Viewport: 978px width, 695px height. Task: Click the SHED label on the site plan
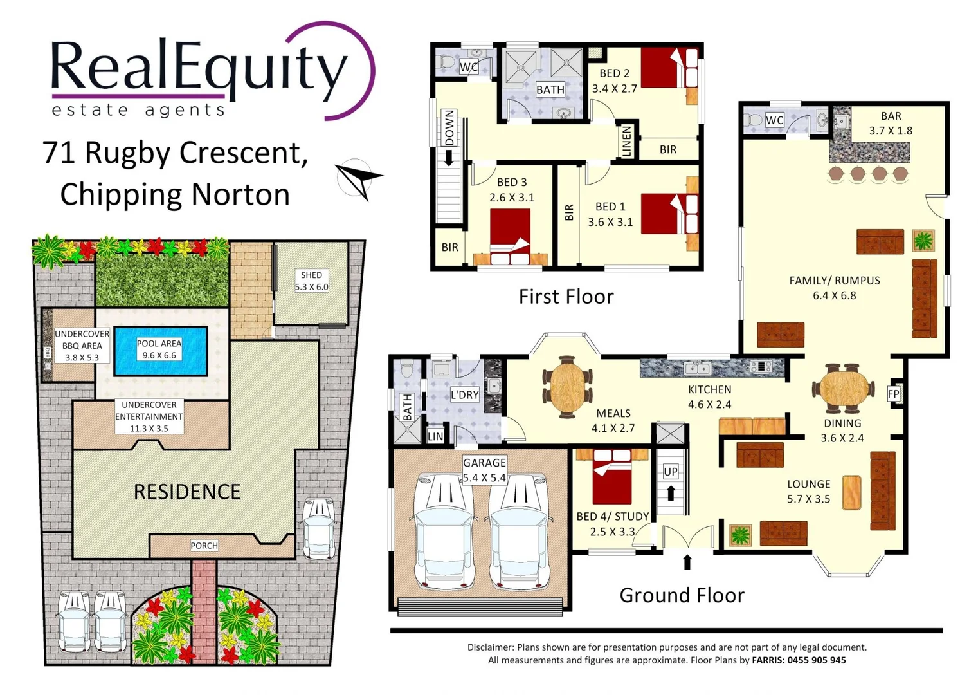click(x=311, y=275)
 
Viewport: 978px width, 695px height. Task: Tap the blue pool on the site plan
click(x=161, y=351)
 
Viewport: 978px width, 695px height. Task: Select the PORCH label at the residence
click(x=204, y=546)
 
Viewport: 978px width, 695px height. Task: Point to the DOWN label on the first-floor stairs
click(x=449, y=127)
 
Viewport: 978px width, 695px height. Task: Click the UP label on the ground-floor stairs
click(x=671, y=472)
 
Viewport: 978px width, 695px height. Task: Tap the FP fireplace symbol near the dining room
click(x=894, y=394)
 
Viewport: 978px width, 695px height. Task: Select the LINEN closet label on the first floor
click(x=627, y=141)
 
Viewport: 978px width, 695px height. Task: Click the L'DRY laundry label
click(x=464, y=394)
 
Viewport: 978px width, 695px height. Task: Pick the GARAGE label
click(x=484, y=463)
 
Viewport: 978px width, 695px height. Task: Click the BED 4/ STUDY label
click(x=612, y=516)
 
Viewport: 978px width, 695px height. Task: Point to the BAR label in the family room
click(x=891, y=116)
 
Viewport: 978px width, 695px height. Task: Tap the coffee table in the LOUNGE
click(x=851, y=493)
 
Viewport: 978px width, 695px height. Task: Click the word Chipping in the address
click(x=120, y=194)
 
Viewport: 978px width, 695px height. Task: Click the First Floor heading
click(x=566, y=297)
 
